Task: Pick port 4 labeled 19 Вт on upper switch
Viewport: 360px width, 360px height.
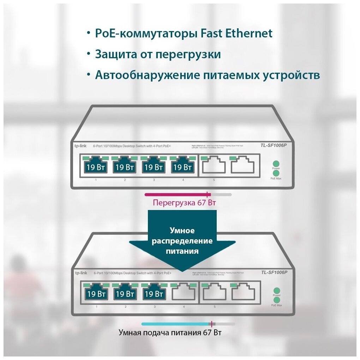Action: click(182, 166)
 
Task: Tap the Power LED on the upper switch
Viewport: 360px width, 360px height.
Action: click(276, 163)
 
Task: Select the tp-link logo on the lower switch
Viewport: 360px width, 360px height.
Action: click(81, 273)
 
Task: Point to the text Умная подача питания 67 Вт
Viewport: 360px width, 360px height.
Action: click(170, 332)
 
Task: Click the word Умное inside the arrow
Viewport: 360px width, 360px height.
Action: click(182, 231)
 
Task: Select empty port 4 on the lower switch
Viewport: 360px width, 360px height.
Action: click(184, 293)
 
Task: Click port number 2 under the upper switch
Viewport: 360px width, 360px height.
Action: click(125, 180)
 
